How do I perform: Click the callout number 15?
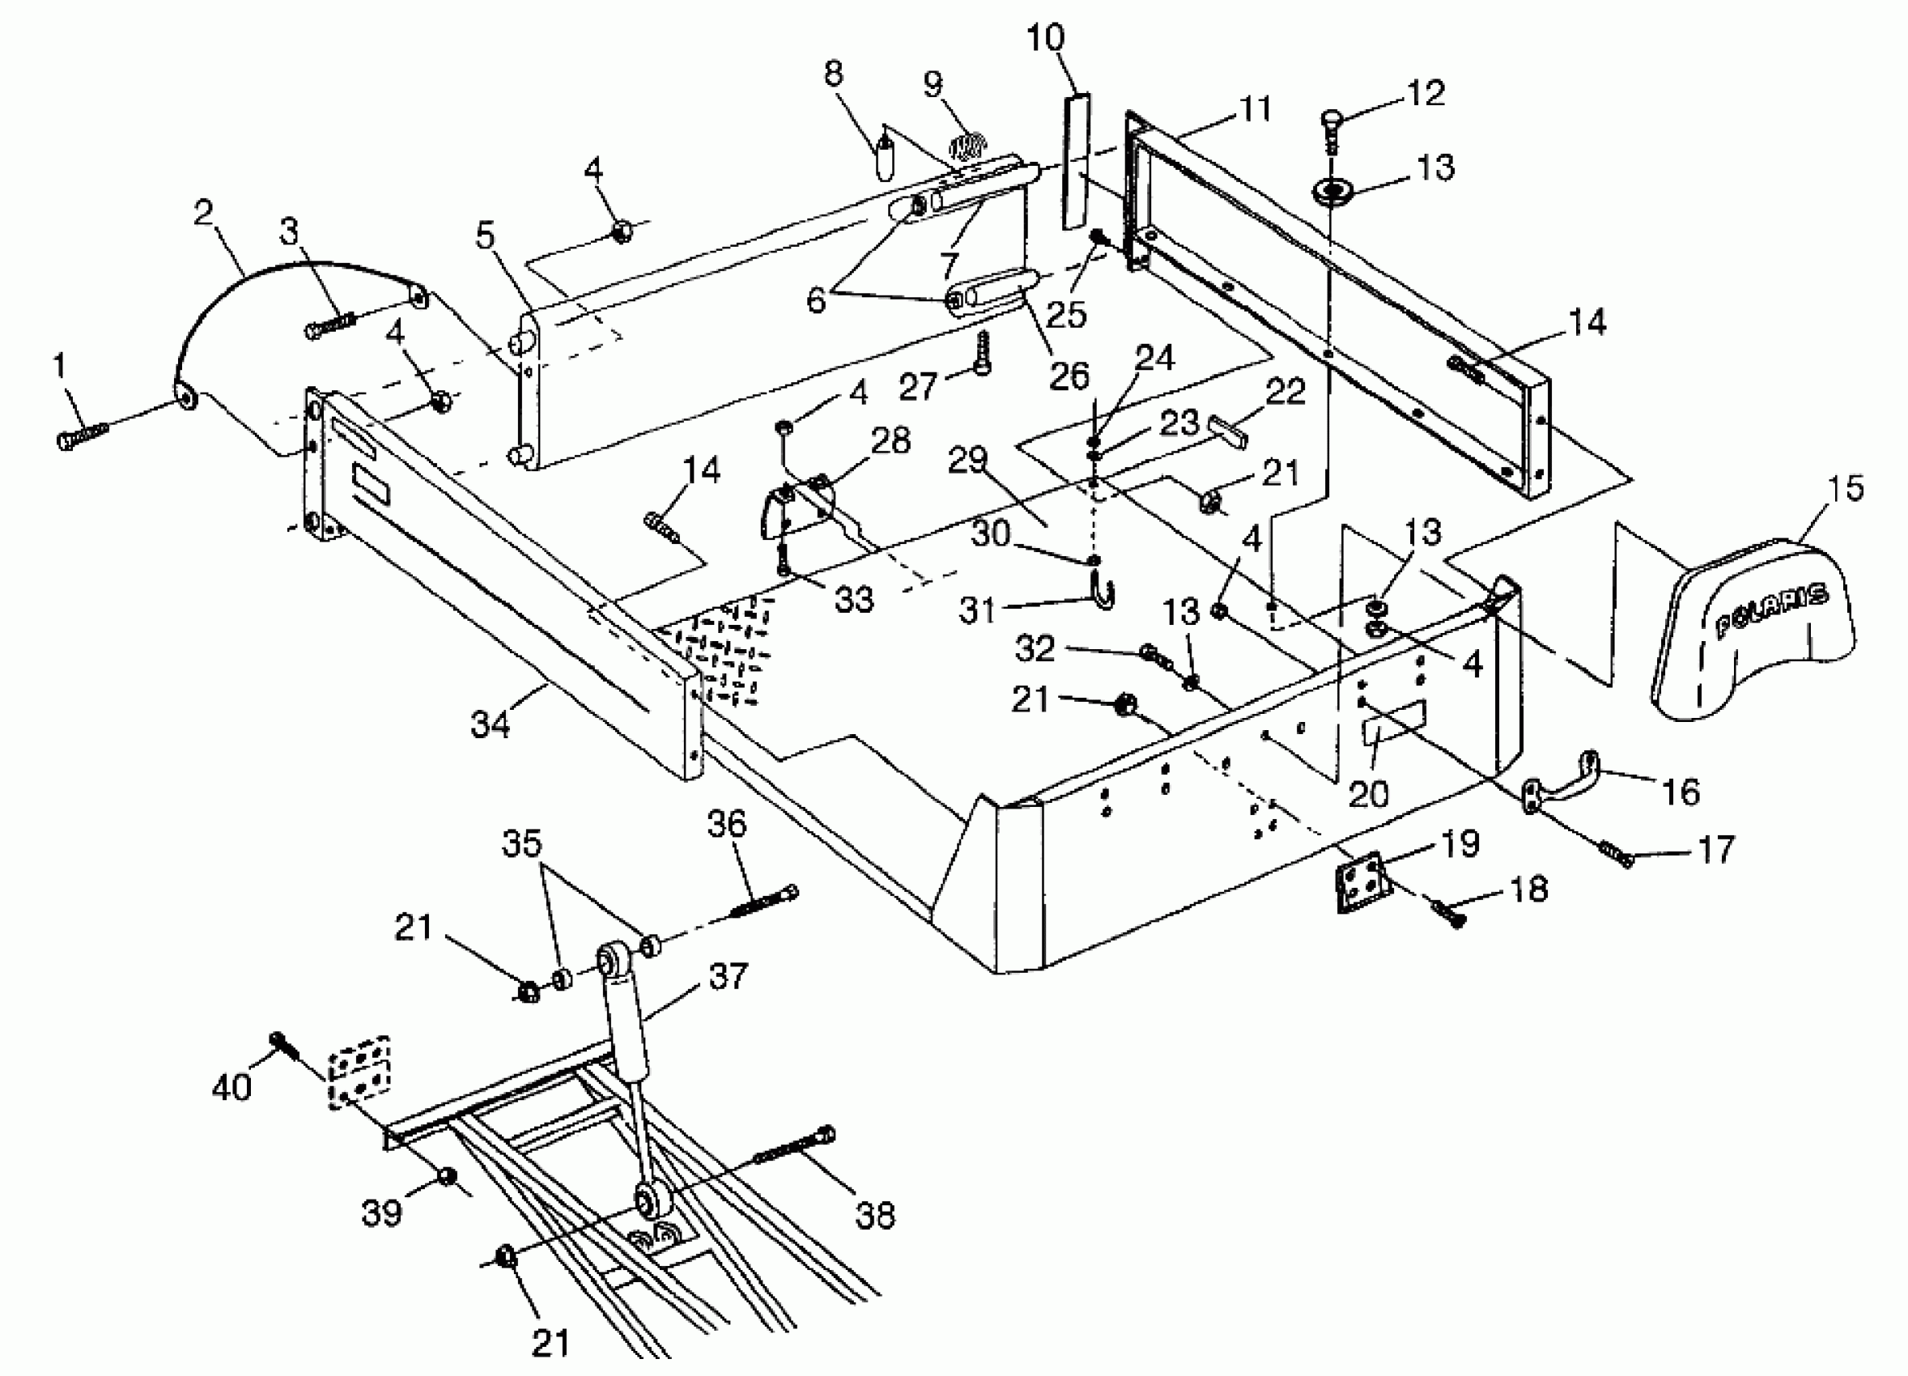click(1846, 489)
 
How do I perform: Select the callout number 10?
click(1046, 38)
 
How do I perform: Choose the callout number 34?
click(491, 722)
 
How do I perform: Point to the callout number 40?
click(232, 1088)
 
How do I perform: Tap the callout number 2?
click(202, 214)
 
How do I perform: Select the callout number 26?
click(1069, 376)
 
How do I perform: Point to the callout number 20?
click(1368, 793)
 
